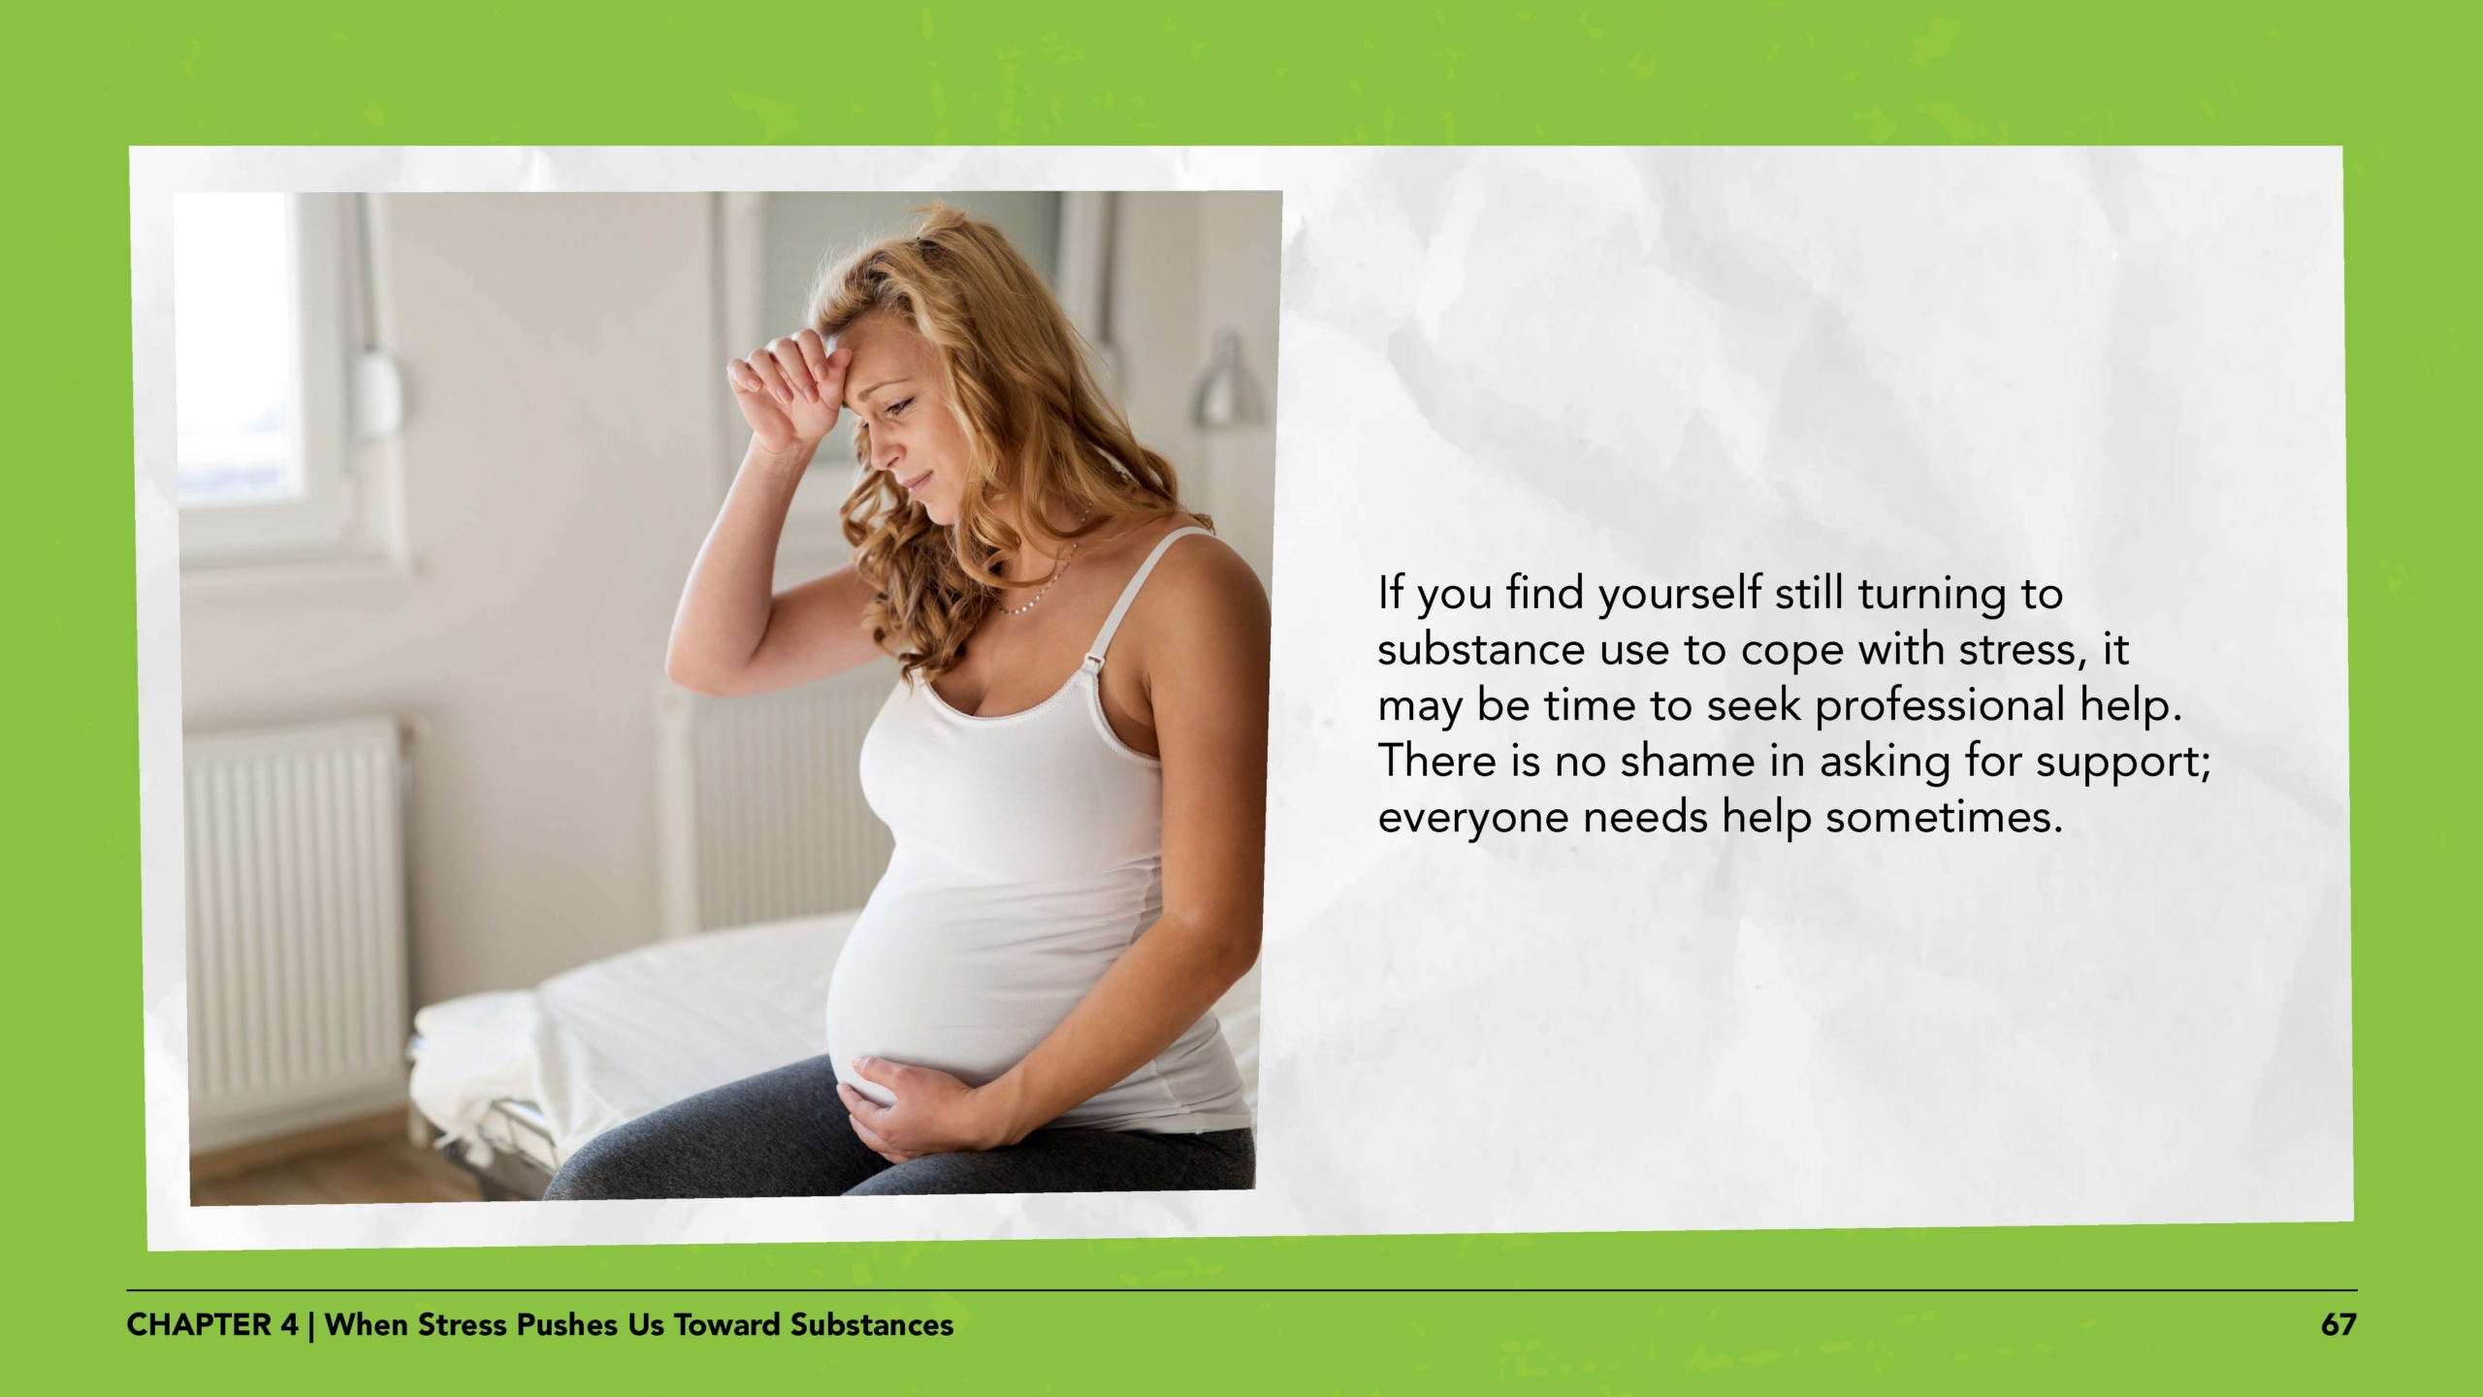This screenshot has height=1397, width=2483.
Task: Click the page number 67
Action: (x=2338, y=1325)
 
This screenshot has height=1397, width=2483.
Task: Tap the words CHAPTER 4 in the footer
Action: (x=212, y=1325)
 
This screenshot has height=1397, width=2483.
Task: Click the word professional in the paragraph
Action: (x=1940, y=706)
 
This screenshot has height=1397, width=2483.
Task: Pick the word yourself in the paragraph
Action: (x=1680, y=594)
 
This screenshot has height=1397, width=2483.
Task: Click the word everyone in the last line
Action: (x=1473, y=818)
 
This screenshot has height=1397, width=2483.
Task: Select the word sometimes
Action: (x=1944, y=818)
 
